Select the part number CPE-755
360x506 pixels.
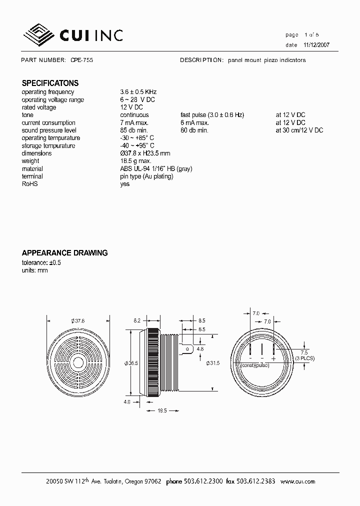[x=81, y=60]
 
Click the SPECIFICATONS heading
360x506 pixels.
[x=50, y=83]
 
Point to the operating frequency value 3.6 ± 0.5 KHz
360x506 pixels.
[x=138, y=92]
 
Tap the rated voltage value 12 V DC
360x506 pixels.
[x=131, y=107]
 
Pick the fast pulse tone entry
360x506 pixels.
[x=212, y=115]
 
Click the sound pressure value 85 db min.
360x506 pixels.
[x=134, y=130]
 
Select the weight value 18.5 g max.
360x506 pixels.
[x=135, y=161]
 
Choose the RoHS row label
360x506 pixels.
[x=30, y=184]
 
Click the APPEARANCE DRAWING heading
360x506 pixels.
[x=64, y=253]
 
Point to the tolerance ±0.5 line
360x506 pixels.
[x=41, y=262]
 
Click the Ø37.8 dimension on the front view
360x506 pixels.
[x=78, y=321]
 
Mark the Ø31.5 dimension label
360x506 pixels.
[x=213, y=363]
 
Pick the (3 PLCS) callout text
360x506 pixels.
[x=304, y=358]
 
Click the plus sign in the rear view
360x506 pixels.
[x=273, y=359]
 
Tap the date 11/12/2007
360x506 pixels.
[x=316, y=44]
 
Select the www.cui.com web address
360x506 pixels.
[x=297, y=481]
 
